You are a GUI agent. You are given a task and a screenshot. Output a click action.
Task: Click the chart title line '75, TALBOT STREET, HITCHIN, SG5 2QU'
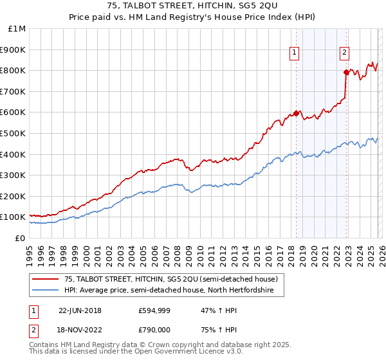click(x=193, y=7)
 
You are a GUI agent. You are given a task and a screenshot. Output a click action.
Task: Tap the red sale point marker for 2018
click(x=296, y=113)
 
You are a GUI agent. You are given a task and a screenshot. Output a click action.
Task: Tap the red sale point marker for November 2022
click(x=346, y=72)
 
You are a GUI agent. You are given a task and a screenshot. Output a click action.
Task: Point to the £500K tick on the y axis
click(x=14, y=133)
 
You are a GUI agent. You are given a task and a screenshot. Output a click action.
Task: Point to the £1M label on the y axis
click(x=17, y=28)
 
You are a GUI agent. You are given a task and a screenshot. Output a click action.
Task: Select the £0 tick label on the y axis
click(x=20, y=238)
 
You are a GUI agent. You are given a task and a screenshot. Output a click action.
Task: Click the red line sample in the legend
click(x=46, y=280)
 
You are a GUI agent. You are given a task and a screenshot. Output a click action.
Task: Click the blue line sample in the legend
click(x=46, y=291)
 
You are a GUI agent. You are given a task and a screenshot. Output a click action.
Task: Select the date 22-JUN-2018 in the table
click(x=80, y=310)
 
